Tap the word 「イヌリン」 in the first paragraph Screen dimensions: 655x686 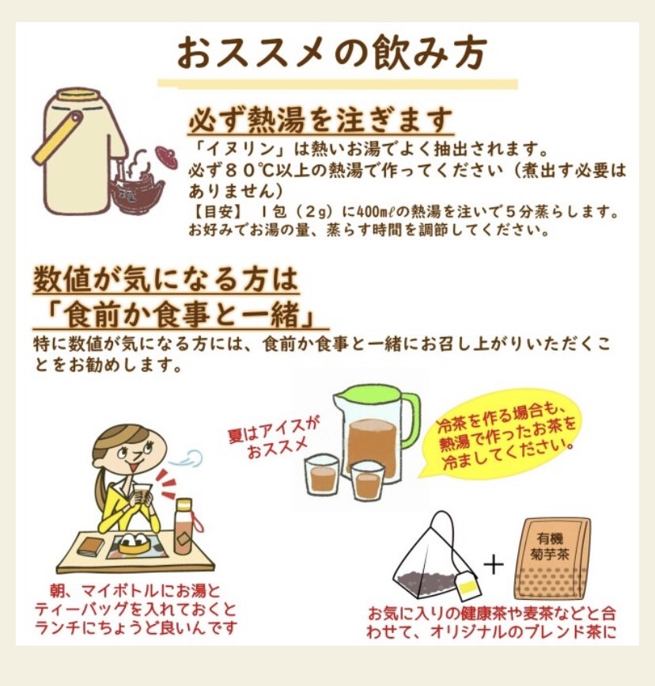point(240,150)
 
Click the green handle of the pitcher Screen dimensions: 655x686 point(410,421)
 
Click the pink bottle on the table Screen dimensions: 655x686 point(184,526)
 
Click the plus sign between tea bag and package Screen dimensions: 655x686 point(494,564)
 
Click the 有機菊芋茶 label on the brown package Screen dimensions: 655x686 point(550,546)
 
